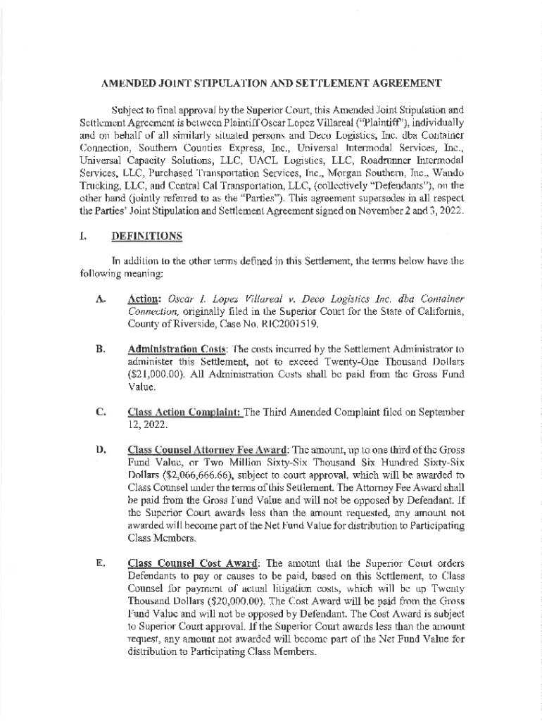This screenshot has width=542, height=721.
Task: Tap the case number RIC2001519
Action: (289, 325)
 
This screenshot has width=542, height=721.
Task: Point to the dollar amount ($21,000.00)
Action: (156, 373)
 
